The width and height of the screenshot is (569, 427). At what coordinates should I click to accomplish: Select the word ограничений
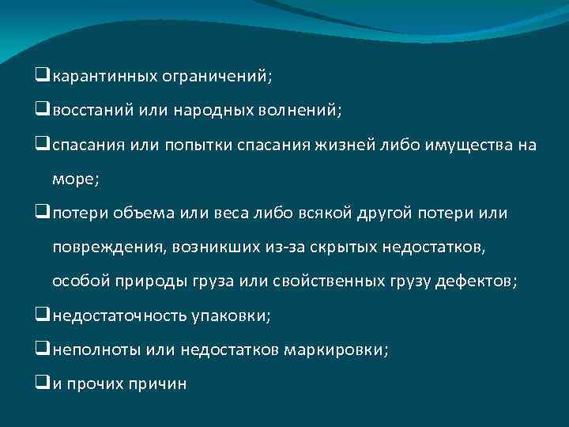(x=216, y=77)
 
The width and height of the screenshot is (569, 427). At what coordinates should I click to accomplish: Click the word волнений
(x=300, y=111)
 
